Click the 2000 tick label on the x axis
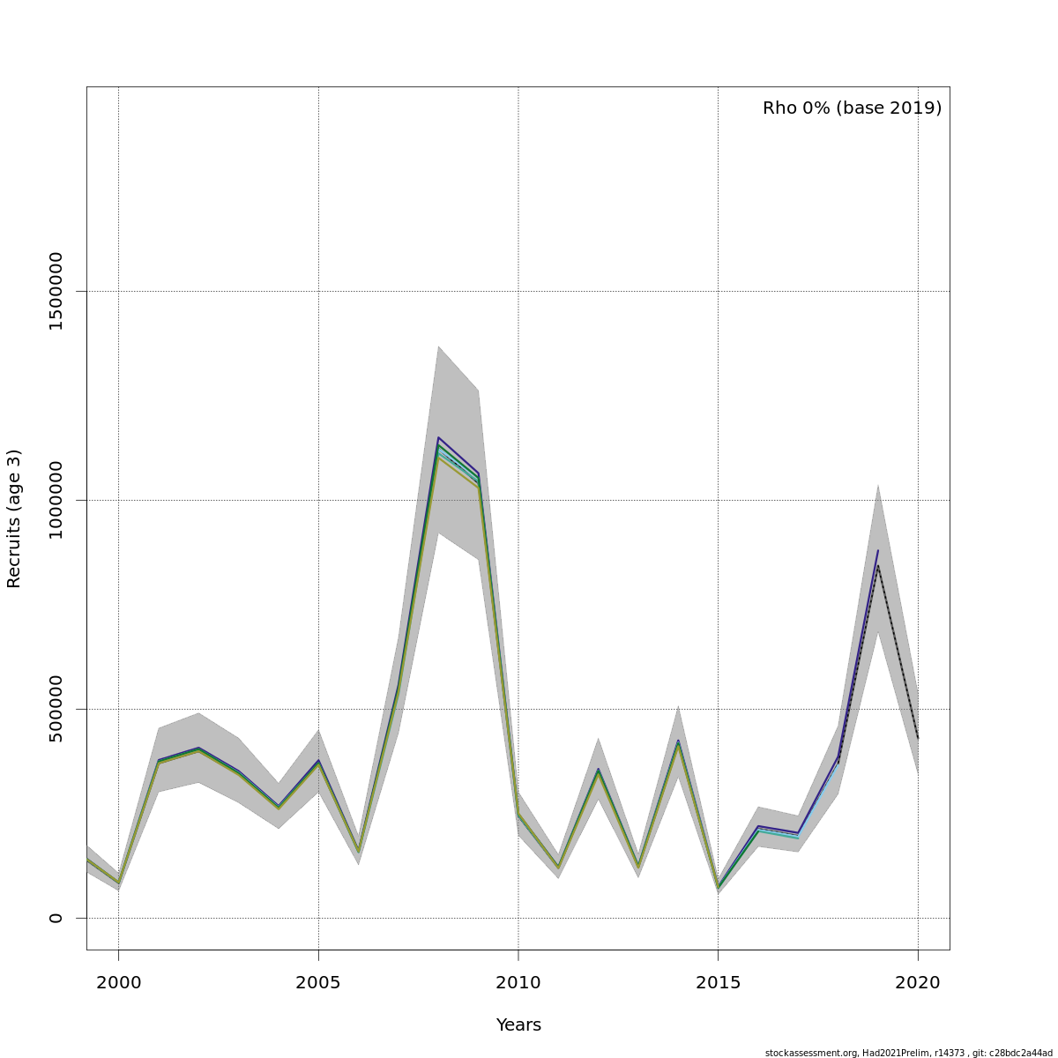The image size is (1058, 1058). point(118,983)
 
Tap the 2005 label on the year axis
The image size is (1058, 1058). point(318,983)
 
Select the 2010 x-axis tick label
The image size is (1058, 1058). point(518,983)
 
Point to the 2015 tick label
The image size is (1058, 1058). point(718,983)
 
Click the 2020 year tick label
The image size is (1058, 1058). point(918,983)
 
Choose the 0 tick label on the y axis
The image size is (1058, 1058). point(56,918)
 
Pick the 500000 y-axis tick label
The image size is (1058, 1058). point(56,709)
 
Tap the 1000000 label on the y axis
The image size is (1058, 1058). point(56,500)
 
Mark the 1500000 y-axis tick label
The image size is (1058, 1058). point(56,291)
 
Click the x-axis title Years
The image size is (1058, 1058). point(518,1025)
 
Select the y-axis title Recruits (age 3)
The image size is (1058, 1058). point(14,518)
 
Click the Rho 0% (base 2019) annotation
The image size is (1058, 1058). point(852,108)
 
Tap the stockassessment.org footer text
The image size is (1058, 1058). point(908,1053)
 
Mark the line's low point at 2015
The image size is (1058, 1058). point(718,887)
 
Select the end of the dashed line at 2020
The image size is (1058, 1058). point(918,739)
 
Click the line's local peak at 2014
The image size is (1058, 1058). point(678,742)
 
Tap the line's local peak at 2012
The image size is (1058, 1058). point(598,771)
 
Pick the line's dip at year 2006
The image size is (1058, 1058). point(358,852)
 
